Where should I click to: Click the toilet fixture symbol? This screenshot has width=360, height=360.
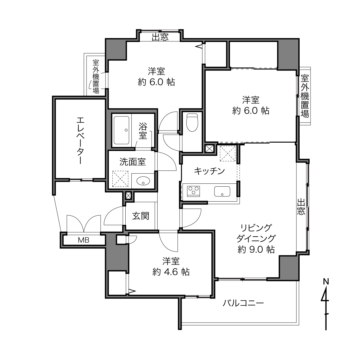click(192, 122)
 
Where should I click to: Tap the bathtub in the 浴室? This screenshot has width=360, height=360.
click(121, 130)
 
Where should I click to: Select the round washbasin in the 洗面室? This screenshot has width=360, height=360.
click(143, 181)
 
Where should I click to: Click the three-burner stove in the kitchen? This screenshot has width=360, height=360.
click(194, 191)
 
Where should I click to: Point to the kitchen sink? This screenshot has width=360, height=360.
click(222, 191)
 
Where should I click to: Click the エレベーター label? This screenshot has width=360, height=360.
click(81, 141)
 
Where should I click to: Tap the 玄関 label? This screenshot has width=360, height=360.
click(141, 216)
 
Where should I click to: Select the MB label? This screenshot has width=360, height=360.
click(83, 240)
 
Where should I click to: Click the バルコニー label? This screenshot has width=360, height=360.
click(243, 303)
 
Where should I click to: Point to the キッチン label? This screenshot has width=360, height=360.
click(209, 171)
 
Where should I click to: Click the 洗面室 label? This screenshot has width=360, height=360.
click(133, 162)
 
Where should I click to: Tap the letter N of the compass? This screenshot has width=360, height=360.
click(326, 282)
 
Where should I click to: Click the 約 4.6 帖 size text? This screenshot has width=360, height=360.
click(171, 272)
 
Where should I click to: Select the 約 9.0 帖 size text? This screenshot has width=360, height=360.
click(256, 249)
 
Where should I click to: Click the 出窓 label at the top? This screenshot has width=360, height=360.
click(160, 37)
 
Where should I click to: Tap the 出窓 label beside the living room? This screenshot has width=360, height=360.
click(301, 207)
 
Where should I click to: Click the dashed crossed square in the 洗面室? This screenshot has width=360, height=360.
click(120, 179)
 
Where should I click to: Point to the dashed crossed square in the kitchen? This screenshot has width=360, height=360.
click(227, 153)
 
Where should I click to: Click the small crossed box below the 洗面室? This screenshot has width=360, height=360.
click(128, 196)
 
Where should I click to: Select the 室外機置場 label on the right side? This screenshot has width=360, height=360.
click(305, 96)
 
